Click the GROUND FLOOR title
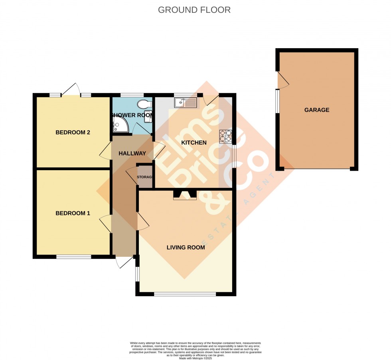(x=194, y=10)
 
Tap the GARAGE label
(x=317, y=110)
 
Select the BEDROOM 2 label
(x=73, y=132)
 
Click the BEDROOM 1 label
(x=73, y=213)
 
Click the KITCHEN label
(x=194, y=142)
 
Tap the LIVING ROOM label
(x=186, y=247)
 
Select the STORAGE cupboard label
(x=145, y=177)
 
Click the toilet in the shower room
(x=143, y=104)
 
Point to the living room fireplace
(x=185, y=195)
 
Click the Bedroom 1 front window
(x=73, y=257)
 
